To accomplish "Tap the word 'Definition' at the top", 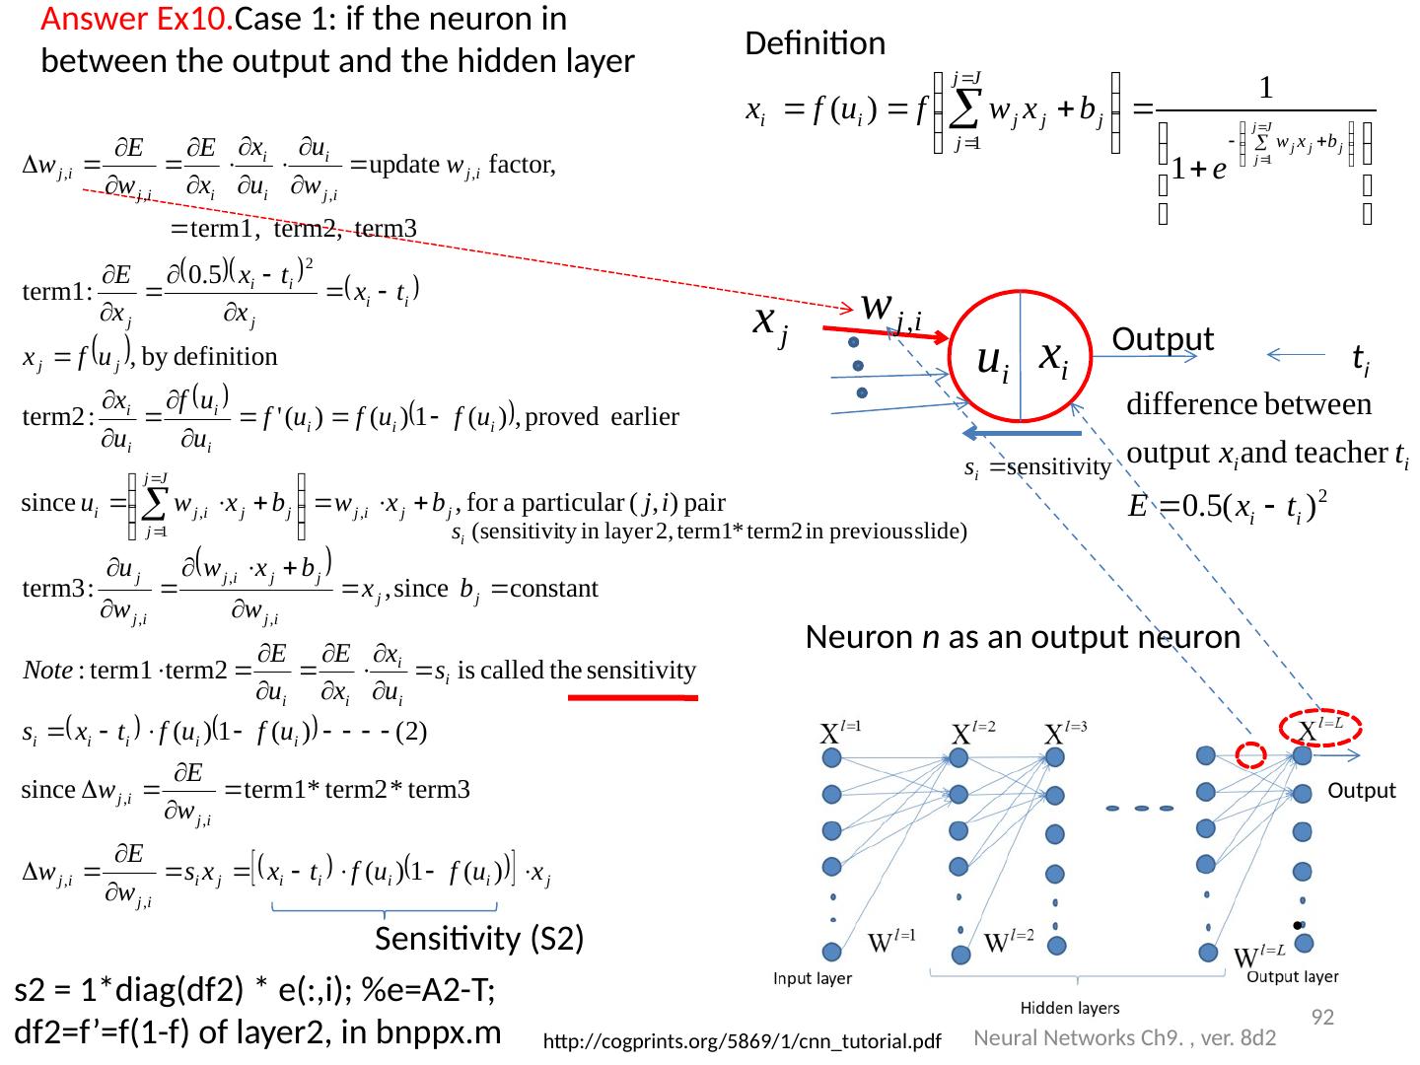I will coord(815,44).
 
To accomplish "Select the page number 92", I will coord(1321,1017).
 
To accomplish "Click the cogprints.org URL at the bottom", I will coord(743,1041).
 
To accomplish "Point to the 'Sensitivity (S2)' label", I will coord(479,941).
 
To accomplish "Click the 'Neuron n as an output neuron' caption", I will coord(1023,638).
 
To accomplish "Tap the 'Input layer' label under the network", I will coord(813,978).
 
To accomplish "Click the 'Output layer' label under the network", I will coord(1293,977).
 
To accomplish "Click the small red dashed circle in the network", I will coord(1251,754).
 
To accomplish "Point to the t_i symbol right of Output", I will coord(1360,363).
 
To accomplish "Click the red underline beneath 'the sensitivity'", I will coord(633,698).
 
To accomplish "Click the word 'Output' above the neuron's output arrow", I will coord(1162,339).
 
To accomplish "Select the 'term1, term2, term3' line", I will coord(294,229).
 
